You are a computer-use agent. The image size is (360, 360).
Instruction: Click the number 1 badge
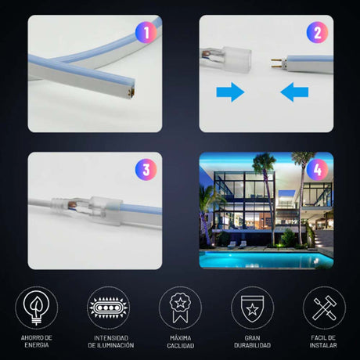tap(146, 33)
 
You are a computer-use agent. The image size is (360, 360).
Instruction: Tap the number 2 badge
tap(317, 33)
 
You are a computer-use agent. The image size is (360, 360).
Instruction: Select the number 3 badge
tap(146, 170)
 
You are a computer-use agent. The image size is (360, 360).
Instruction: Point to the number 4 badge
tap(317, 170)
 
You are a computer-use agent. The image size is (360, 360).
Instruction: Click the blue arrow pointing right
tap(230, 92)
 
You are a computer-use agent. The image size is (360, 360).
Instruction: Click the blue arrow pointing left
tap(294, 92)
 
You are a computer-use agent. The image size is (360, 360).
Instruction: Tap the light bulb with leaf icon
tap(37, 308)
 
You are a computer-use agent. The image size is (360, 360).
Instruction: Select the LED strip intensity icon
tap(108, 308)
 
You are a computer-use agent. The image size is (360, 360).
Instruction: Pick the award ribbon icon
tap(180, 308)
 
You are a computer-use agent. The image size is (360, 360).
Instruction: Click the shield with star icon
tap(252, 308)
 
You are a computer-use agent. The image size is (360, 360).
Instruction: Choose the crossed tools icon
tap(324, 308)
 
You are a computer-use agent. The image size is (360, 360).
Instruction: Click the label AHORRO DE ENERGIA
tap(37, 341)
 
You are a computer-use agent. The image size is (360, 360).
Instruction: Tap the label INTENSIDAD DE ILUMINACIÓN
tap(111, 342)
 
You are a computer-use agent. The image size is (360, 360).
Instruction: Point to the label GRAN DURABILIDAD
tap(252, 342)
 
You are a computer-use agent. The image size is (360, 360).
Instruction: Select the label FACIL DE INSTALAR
tap(323, 342)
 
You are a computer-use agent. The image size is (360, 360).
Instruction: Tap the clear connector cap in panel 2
tap(237, 60)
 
